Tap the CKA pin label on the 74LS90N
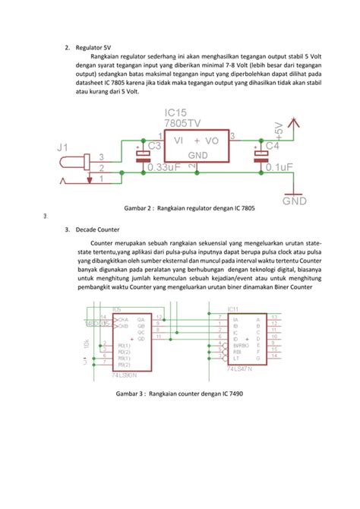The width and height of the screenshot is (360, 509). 123,318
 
